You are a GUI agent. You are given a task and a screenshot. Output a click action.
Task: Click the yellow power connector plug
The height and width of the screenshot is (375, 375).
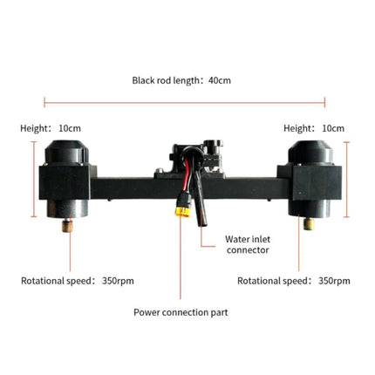pyautogui.click(x=182, y=212)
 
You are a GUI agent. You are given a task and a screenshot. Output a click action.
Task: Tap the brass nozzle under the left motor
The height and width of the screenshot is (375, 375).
pyautogui.click(x=67, y=226)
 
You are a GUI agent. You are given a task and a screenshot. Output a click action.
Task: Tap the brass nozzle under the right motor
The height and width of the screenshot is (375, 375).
pyautogui.click(x=309, y=224)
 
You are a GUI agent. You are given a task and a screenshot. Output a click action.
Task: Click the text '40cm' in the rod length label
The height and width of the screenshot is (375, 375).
pyautogui.click(x=220, y=80)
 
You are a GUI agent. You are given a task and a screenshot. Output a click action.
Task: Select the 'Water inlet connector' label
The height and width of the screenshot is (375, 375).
pyautogui.click(x=248, y=244)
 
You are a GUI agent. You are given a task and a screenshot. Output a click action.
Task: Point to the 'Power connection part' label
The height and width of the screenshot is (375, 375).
pyautogui.click(x=181, y=312)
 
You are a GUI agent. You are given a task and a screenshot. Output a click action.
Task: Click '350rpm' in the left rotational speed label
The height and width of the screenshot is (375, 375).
pyautogui.click(x=118, y=281)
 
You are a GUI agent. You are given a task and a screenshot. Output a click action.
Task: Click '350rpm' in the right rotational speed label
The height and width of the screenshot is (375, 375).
pyautogui.click(x=334, y=281)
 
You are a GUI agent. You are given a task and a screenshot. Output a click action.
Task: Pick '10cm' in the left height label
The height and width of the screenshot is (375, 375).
pyautogui.click(x=70, y=128)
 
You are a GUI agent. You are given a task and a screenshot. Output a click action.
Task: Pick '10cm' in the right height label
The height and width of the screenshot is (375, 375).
pyautogui.click(x=333, y=128)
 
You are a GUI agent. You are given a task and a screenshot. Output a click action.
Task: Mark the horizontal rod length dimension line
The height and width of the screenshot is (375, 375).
pyautogui.click(x=185, y=102)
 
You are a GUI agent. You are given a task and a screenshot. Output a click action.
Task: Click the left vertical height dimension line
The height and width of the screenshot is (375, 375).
pyautogui.click(x=34, y=179)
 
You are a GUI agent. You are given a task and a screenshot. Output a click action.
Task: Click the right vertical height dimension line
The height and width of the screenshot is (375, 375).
pyautogui.click(x=346, y=180)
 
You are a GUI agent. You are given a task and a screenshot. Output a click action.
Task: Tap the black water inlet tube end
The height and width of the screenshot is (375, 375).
pyautogui.click(x=202, y=222)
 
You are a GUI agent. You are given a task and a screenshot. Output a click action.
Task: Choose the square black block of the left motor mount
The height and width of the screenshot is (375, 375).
pyautogui.click(x=65, y=182)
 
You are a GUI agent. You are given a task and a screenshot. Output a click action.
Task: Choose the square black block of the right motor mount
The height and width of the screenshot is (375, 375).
pyautogui.click(x=317, y=183)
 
